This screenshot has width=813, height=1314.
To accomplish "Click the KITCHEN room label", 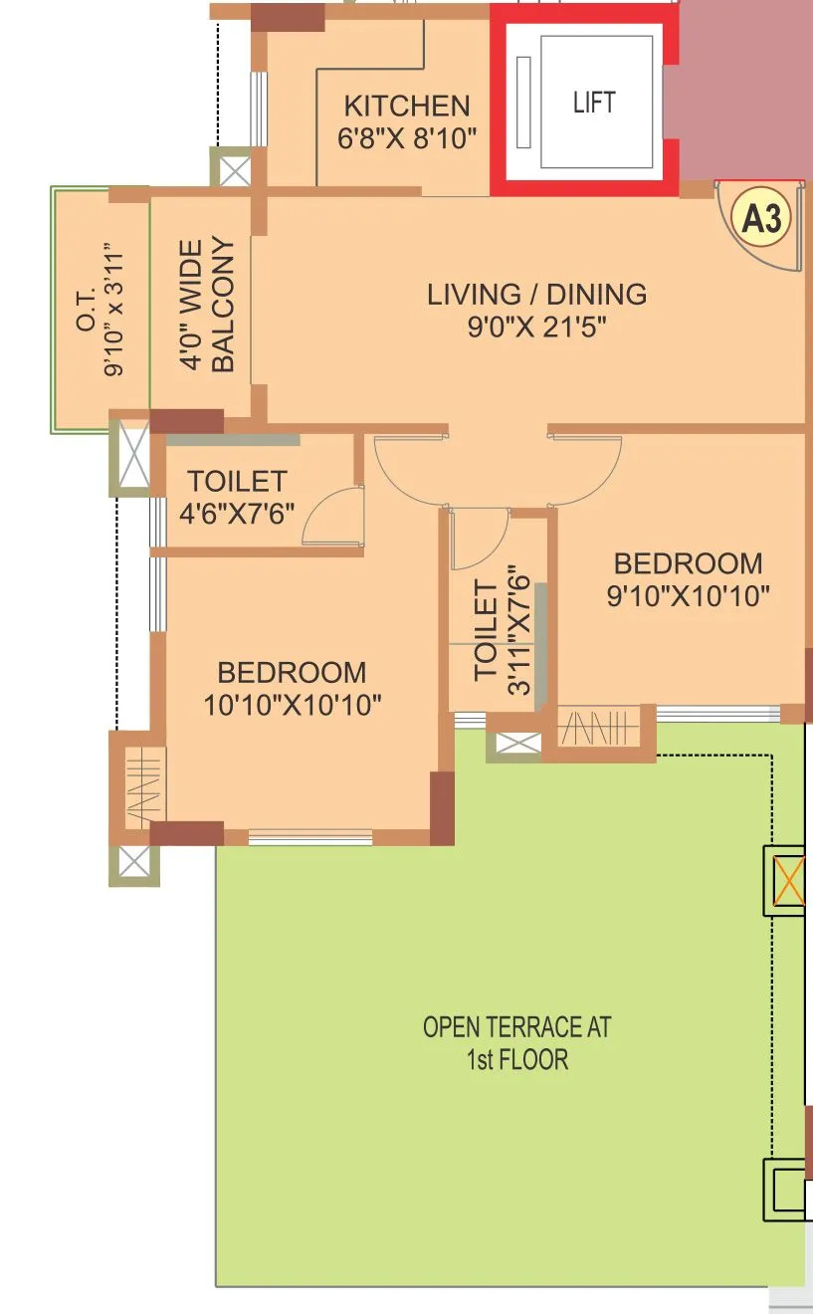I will pyautogui.click(x=406, y=106).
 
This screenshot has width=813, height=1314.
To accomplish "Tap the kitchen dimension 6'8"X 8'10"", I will pyautogui.click(x=406, y=138).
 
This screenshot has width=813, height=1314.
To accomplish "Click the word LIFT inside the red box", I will pyautogui.click(x=594, y=103).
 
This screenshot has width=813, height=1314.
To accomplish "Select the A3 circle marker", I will pyautogui.click(x=761, y=218).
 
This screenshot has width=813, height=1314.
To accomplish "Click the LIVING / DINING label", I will pyautogui.click(x=536, y=295).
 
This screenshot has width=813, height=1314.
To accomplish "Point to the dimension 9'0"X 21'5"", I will pyautogui.click(x=536, y=328).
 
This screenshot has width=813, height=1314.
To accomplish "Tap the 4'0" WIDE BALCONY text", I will pyautogui.click(x=207, y=305).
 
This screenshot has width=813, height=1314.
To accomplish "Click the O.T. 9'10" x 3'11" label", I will pyautogui.click(x=100, y=309).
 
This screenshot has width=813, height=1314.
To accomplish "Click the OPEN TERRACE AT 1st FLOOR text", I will pyautogui.click(x=516, y=1042).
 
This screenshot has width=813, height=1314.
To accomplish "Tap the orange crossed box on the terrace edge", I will pyautogui.click(x=789, y=881).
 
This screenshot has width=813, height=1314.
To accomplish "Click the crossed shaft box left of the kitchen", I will pyautogui.click(x=235, y=170).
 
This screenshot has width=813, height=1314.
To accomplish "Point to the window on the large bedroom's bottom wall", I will pyautogui.click(x=309, y=837).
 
